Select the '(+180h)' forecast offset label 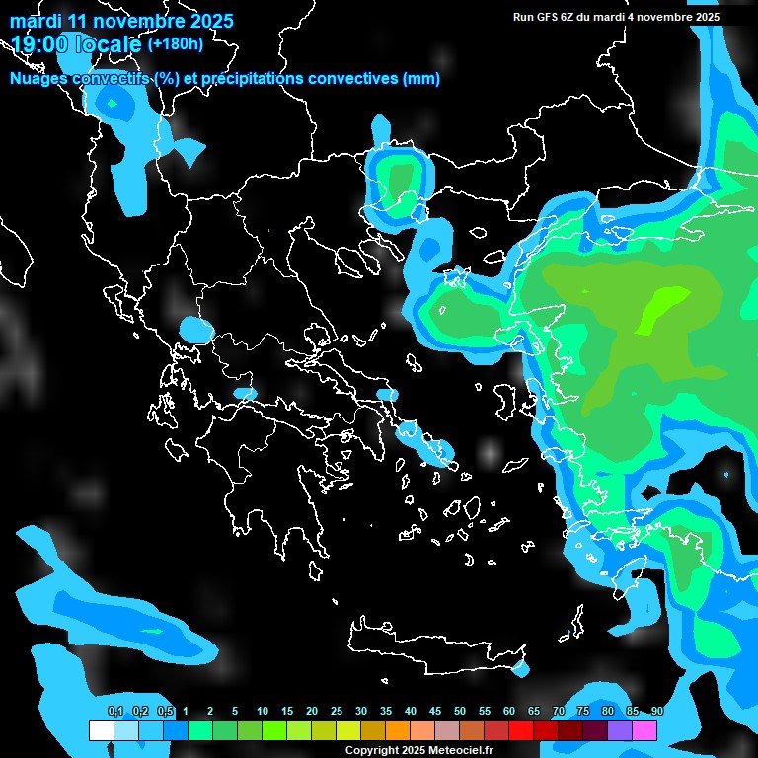(176, 43)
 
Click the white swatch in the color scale (101, 731)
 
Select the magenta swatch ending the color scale (644, 731)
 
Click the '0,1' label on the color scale (115, 712)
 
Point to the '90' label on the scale (657, 712)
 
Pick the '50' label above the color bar (460, 712)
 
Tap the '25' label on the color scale (337, 712)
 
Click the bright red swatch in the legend (521, 731)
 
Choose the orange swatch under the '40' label (398, 731)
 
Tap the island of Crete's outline (434, 642)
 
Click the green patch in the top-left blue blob (113, 102)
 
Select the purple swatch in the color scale (620, 731)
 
